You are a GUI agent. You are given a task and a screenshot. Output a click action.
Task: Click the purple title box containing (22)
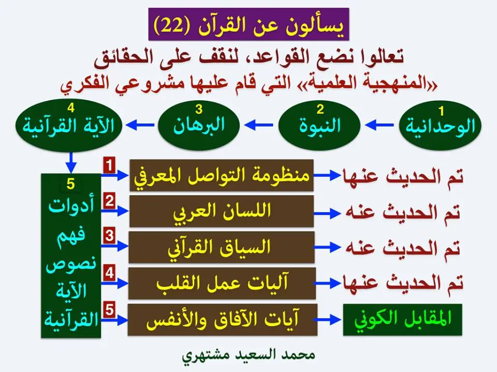pos(248,24)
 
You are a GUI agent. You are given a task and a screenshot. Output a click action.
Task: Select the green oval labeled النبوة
pos(320,125)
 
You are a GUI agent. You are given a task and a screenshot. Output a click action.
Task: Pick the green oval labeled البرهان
pos(199,125)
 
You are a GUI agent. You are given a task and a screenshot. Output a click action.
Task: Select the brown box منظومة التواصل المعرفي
pos(222,176)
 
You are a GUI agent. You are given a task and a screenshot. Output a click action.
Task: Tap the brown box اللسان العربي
pos(222,211)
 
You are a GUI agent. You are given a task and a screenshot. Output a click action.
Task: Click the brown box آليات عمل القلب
pos(222,283)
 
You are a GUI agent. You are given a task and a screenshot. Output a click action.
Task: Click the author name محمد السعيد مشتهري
pos(248,356)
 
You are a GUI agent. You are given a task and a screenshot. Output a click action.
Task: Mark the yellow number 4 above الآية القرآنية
pos(71,107)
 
